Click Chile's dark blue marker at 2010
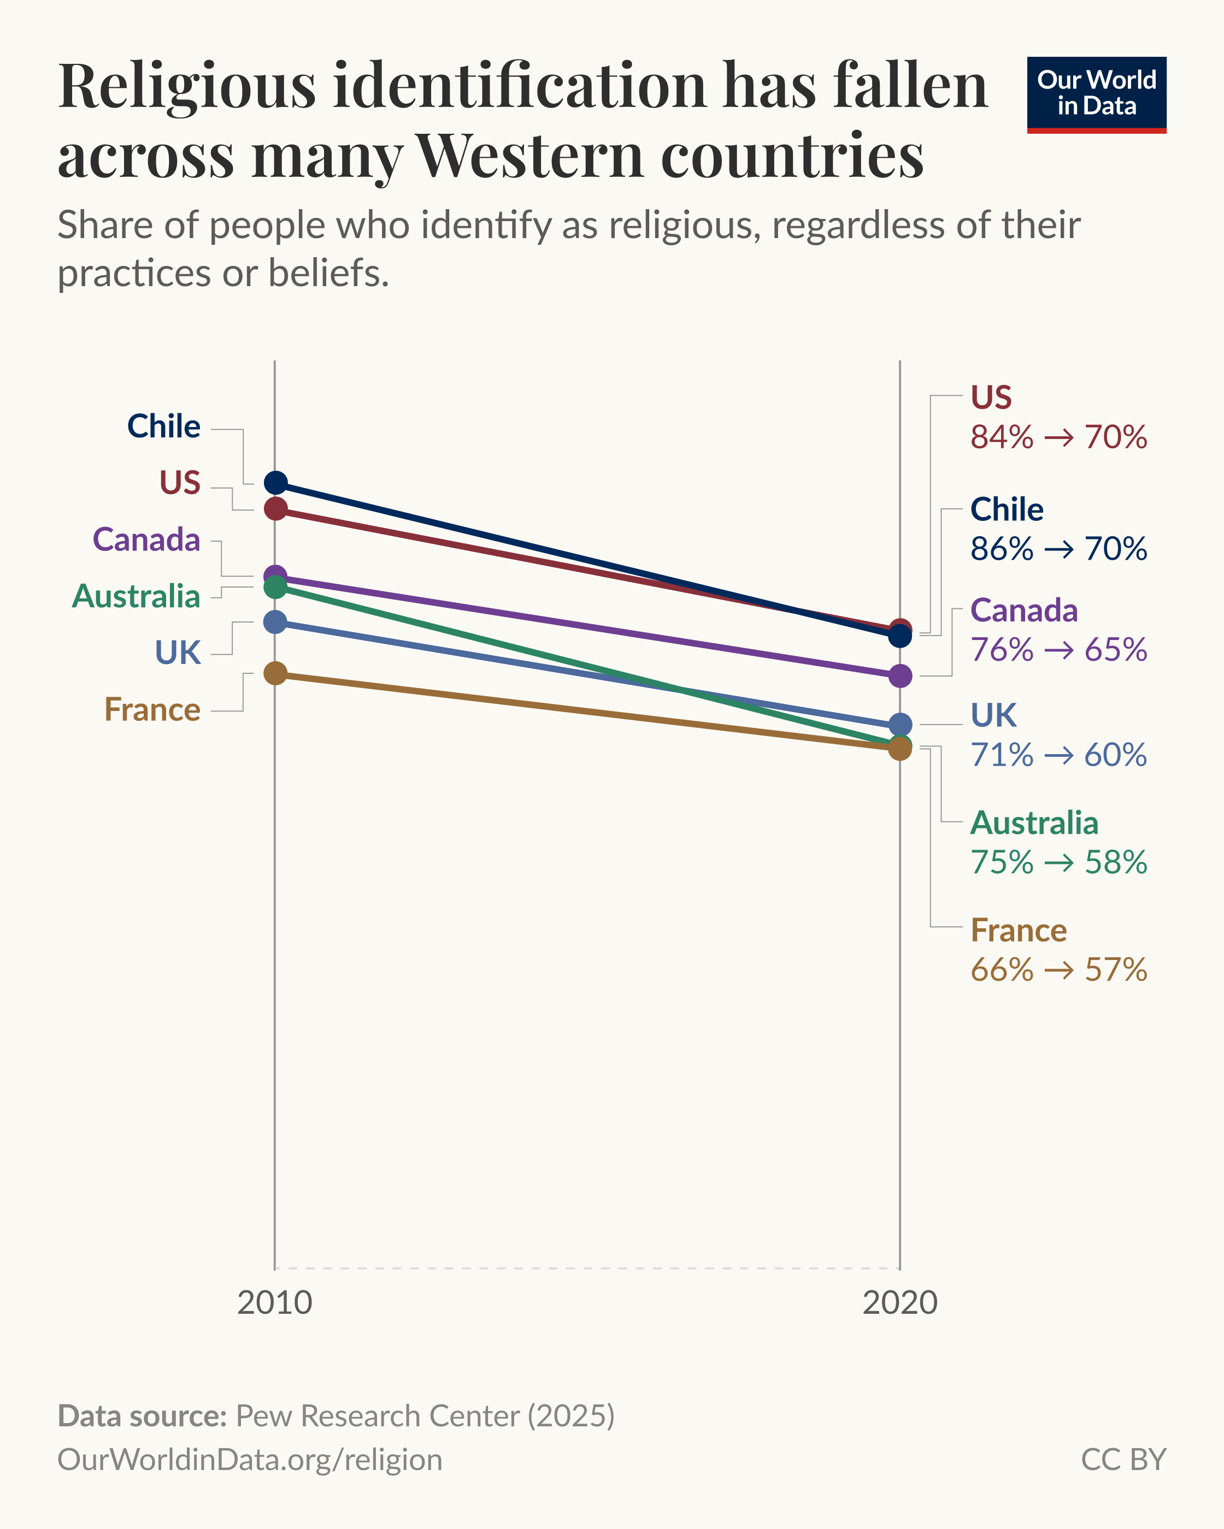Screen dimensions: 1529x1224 [275, 483]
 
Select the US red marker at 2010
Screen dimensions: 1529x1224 [275, 508]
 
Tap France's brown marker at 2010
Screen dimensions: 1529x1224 [275, 673]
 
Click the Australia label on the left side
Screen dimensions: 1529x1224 [136, 596]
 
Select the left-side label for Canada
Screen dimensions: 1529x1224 [146, 540]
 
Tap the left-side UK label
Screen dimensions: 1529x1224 [178, 653]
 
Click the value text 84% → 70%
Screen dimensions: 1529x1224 [1058, 437]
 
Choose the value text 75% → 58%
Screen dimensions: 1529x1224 [1058, 862]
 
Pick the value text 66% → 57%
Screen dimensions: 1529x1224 [1058, 969]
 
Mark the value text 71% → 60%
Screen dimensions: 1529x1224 [1058, 755]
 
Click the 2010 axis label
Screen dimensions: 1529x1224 [275, 1303]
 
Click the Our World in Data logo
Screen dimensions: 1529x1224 [1096, 95]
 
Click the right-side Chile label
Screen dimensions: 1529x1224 [1006, 509]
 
